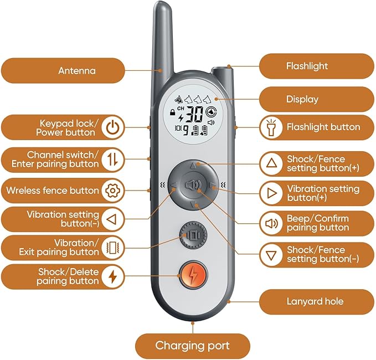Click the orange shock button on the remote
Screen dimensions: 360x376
[x=193, y=274]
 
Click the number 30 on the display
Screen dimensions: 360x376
[x=194, y=115]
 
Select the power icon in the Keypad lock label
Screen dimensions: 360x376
[x=112, y=127]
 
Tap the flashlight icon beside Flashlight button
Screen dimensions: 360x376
[x=271, y=127]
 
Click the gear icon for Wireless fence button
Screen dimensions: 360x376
[x=112, y=191]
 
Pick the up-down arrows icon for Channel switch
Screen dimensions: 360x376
[x=112, y=160]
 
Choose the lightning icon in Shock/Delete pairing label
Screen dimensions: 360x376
[x=112, y=276]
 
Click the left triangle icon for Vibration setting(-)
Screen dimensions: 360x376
[x=112, y=219]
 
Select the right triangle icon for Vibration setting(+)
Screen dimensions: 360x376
[x=271, y=193]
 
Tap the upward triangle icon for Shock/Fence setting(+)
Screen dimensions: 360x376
[x=271, y=163]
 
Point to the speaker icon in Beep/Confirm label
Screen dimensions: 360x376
[x=271, y=224]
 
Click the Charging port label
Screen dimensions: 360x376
[x=192, y=346]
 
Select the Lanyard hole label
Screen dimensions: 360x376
[x=315, y=302]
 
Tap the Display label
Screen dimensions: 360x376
[x=302, y=100]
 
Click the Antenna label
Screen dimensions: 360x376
[x=76, y=71]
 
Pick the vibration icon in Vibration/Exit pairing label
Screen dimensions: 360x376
[x=112, y=248]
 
